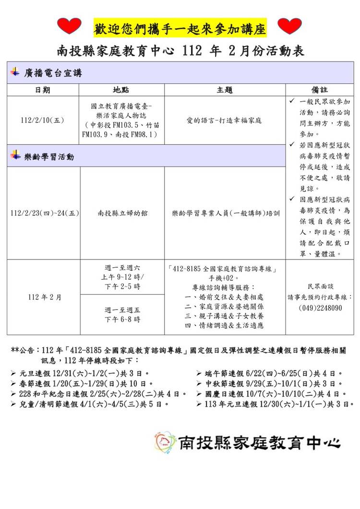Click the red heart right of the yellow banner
pos(290,26)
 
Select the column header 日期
pos(43,90)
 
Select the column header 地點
pos(122,90)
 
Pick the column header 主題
pos(225,90)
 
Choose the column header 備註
pos(320,90)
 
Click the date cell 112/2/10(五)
pos(43,120)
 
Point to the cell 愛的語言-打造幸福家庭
pos(225,120)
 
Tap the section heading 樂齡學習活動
pos(49,156)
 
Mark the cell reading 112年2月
pos(43,297)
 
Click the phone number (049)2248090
pos(320,308)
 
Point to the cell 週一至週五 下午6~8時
pos(122,314)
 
